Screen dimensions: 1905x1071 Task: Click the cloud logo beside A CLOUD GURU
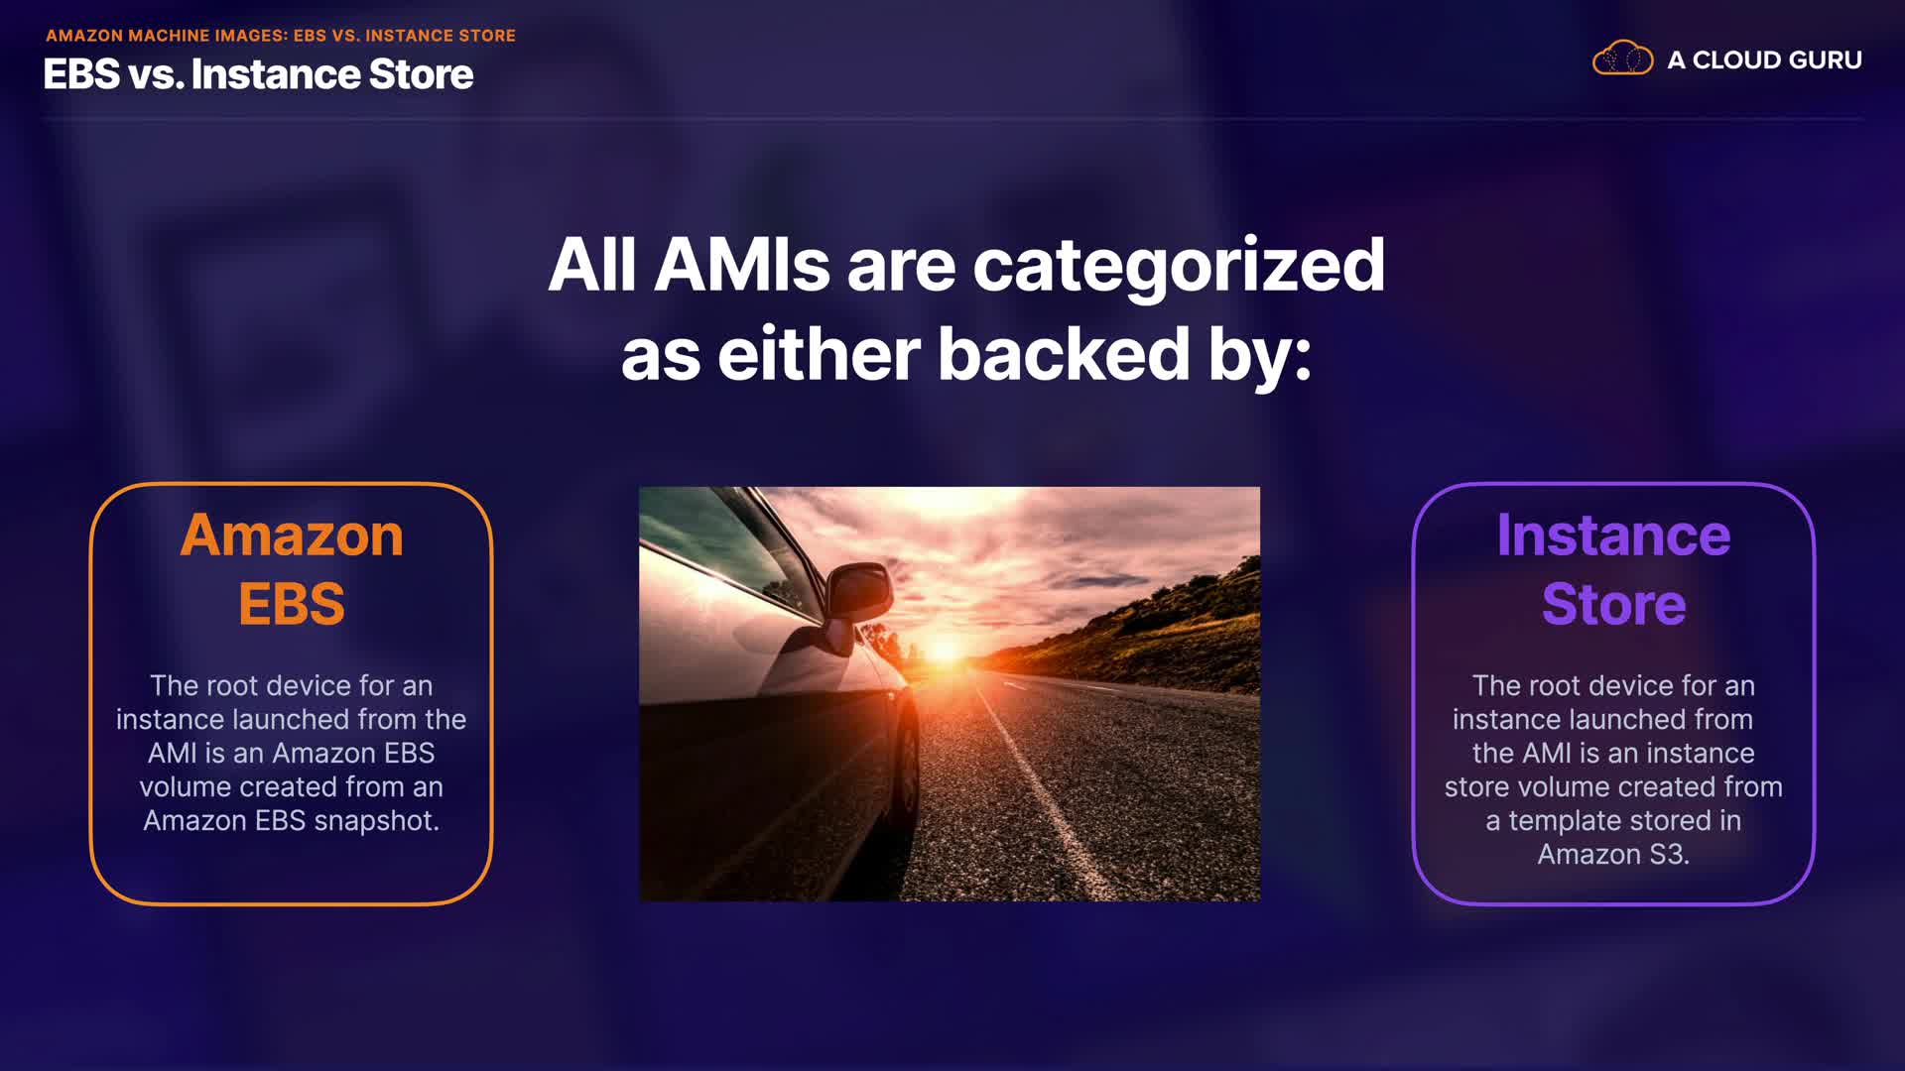1622,59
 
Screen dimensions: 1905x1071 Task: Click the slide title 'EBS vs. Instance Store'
258,74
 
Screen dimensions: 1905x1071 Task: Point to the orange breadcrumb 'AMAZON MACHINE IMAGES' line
281,36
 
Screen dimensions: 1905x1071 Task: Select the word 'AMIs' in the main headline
741,265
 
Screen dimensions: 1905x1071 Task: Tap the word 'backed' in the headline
1063,354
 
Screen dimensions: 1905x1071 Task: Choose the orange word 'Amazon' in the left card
292,535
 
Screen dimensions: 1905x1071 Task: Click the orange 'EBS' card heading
292,604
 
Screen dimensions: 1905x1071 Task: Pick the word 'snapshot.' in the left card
376,822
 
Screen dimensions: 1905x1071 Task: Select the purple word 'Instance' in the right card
1613,535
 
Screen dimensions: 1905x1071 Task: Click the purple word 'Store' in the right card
1613,604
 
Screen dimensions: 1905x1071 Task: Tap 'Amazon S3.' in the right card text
1613,855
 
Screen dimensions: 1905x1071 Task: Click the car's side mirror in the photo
857,592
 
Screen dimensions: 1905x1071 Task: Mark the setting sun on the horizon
944,651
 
